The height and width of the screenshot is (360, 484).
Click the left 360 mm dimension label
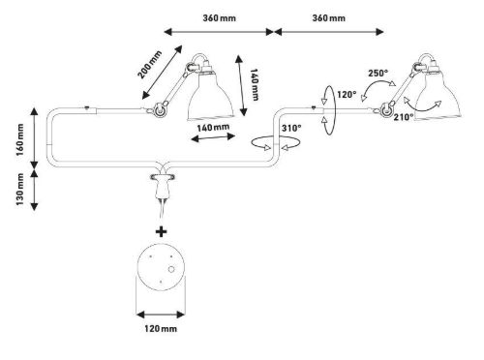219,18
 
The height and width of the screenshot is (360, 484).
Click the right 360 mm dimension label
328,18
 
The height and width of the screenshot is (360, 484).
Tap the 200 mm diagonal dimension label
149,65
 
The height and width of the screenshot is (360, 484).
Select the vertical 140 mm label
255,84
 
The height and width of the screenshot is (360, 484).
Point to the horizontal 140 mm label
213,128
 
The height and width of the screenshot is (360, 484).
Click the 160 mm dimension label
20,139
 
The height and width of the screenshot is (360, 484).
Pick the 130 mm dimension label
20,189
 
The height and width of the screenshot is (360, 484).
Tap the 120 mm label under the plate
161,329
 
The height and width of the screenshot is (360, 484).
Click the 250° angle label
378,74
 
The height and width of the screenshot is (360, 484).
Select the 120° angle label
347,95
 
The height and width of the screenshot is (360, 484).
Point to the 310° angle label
291,128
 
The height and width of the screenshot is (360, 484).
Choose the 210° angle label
404,117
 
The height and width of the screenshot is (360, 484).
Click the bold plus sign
161,231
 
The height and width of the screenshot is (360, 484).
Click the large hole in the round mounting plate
171,269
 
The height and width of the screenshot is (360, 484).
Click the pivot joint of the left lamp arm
159,109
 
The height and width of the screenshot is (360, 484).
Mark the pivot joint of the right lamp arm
386,109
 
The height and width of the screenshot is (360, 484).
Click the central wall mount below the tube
163,185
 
